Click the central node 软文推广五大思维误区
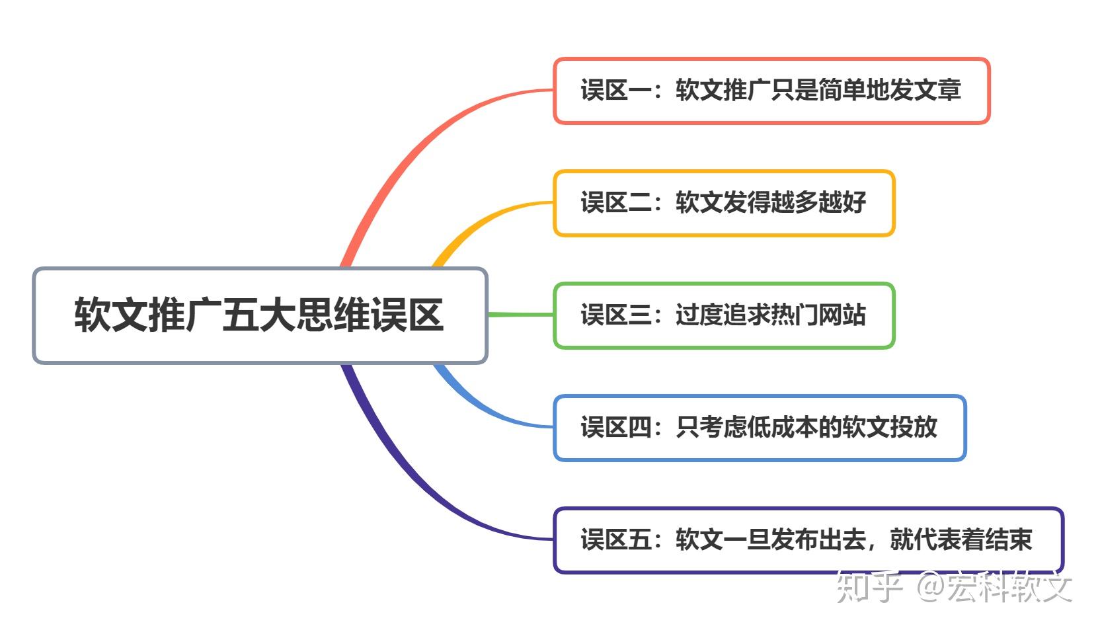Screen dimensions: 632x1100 click(x=259, y=315)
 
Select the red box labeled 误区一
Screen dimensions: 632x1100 click(x=771, y=91)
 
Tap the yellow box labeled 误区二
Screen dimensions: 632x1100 click(x=723, y=203)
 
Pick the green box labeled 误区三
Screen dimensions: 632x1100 click(x=723, y=315)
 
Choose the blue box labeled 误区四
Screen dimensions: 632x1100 click(x=759, y=428)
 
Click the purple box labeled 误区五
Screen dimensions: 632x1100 click(x=808, y=540)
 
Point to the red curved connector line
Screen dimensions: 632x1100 click(x=423, y=132)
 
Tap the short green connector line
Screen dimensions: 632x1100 click(x=521, y=315)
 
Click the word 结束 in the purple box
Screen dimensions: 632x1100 click(x=1008, y=540)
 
